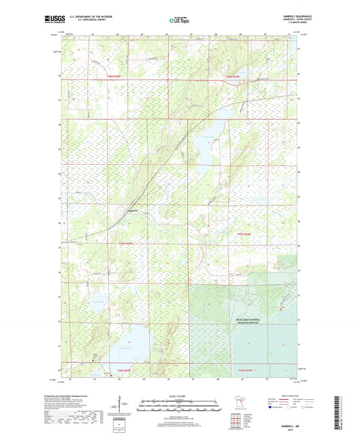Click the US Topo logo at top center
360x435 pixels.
coord(180,21)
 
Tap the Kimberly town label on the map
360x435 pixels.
coord(132,210)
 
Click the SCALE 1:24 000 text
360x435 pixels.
coord(180,395)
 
